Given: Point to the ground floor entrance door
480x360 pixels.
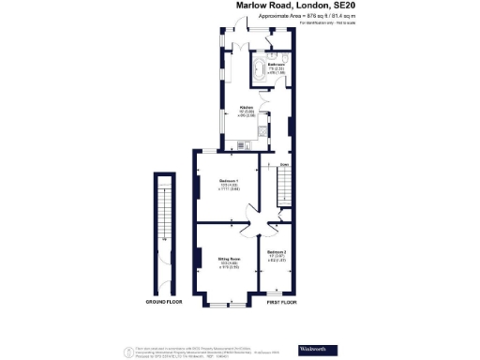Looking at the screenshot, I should click(165, 282).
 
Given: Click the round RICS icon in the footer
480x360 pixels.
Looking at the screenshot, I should click(127, 350).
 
